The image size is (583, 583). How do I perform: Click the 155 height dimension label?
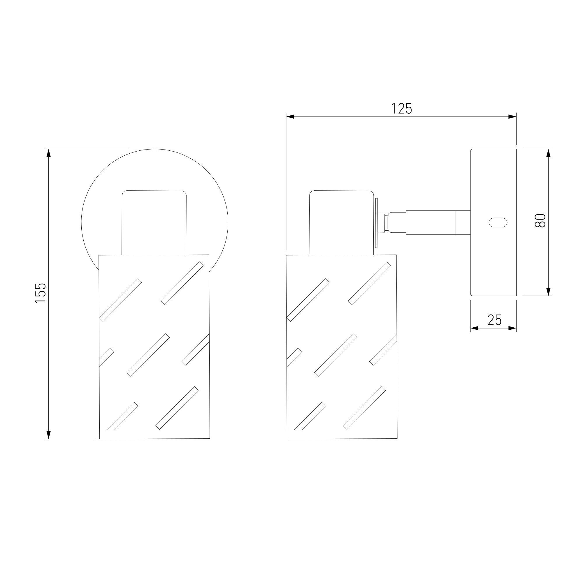(41, 293)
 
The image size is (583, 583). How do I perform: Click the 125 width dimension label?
(402, 109)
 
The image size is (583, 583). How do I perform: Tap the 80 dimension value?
(540, 221)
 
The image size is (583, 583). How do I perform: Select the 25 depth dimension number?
(495, 320)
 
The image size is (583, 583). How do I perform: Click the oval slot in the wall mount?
(498, 222)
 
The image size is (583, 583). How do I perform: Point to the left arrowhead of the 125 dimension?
(290, 117)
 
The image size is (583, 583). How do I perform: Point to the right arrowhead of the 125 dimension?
(512, 117)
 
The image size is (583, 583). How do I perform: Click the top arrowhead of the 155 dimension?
(48, 153)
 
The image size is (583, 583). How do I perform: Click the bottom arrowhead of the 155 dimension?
(48, 435)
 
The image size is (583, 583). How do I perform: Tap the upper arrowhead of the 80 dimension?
(549, 153)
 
